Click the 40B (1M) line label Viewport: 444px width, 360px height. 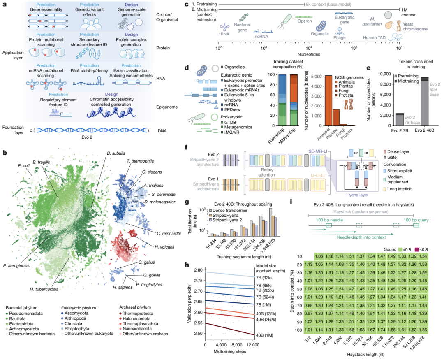[x=263, y=346]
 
